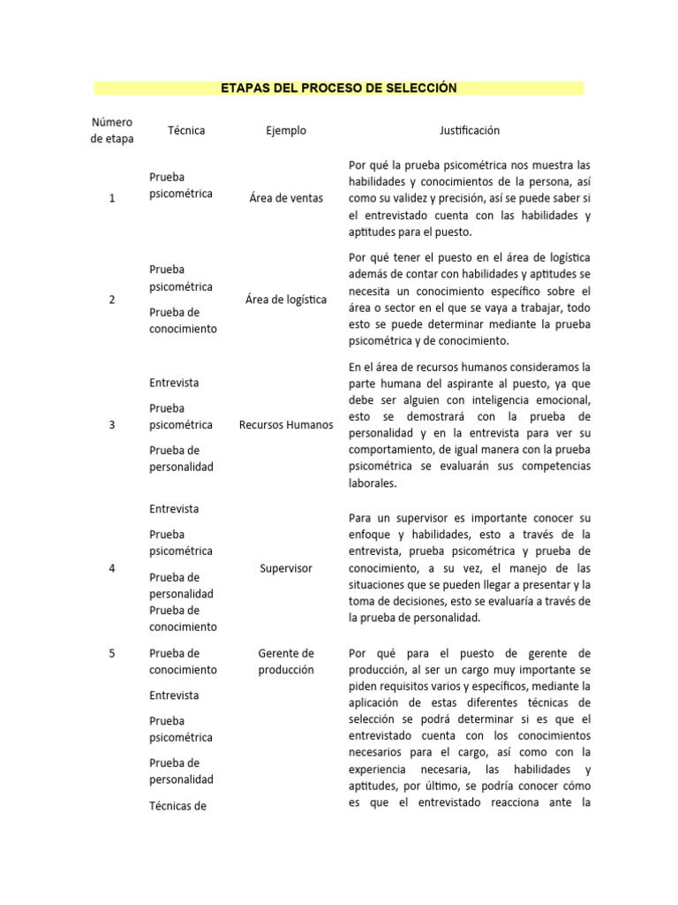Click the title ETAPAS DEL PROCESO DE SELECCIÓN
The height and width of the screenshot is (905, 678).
click(339, 88)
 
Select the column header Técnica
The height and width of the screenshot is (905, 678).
click(185, 130)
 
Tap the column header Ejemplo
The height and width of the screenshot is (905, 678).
click(286, 130)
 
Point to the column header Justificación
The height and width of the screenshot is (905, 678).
click(469, 130)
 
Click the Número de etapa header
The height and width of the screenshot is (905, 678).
click(111, 130)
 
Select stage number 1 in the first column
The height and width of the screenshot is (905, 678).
click(111, 199)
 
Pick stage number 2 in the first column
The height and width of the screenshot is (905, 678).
click(111, 300)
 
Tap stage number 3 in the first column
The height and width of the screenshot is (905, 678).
click(111, 425)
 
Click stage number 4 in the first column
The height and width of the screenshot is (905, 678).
click(111, 568)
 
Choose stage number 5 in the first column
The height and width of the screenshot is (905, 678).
click(111, 653)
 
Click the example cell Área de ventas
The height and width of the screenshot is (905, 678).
click(286, 199)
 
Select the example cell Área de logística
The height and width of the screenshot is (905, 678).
click(286, 300)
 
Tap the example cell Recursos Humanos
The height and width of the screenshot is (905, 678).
click(286, 425)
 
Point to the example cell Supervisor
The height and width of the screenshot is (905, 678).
click(286, 568)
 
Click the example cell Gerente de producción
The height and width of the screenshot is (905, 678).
click(286, 661)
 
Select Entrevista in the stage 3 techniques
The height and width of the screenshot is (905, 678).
click(174, 383)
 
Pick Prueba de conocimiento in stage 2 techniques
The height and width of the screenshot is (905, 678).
click(183, 321)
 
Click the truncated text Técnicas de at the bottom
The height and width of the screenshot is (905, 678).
click(177, 805)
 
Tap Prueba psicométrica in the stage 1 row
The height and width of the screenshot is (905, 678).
click(181, 185)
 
